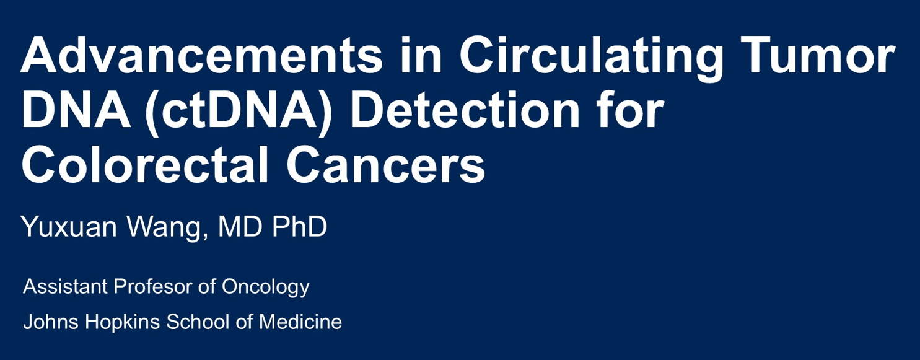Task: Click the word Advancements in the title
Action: (202, 55)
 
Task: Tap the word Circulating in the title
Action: (591, 58)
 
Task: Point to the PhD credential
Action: (300, 226)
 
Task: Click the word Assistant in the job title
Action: (66, 286)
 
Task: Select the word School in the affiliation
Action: (198, 322)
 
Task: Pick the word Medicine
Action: (300, 322)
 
